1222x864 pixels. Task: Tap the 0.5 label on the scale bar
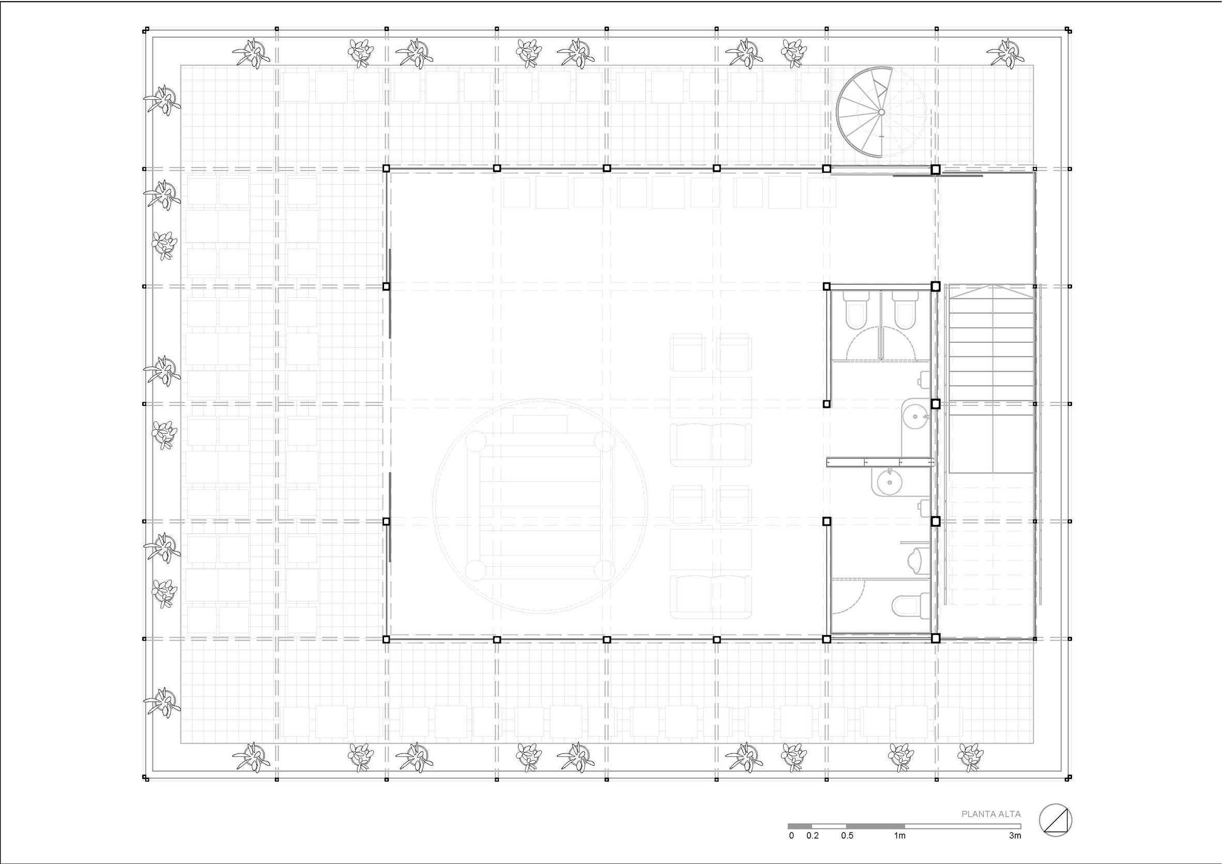coord(847,851)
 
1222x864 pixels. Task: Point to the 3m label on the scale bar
coord(1015,851)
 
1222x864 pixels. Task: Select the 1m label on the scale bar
coord(899,851)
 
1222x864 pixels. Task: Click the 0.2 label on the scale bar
coord(812,851)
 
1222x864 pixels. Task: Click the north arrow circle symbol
coord(1056,835)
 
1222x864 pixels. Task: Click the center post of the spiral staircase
coord(881,112)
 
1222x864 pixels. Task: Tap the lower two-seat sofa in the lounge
coord(711,596)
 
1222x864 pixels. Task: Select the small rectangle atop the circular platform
coord(540,424)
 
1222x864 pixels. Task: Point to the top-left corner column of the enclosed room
coord(387,168)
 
